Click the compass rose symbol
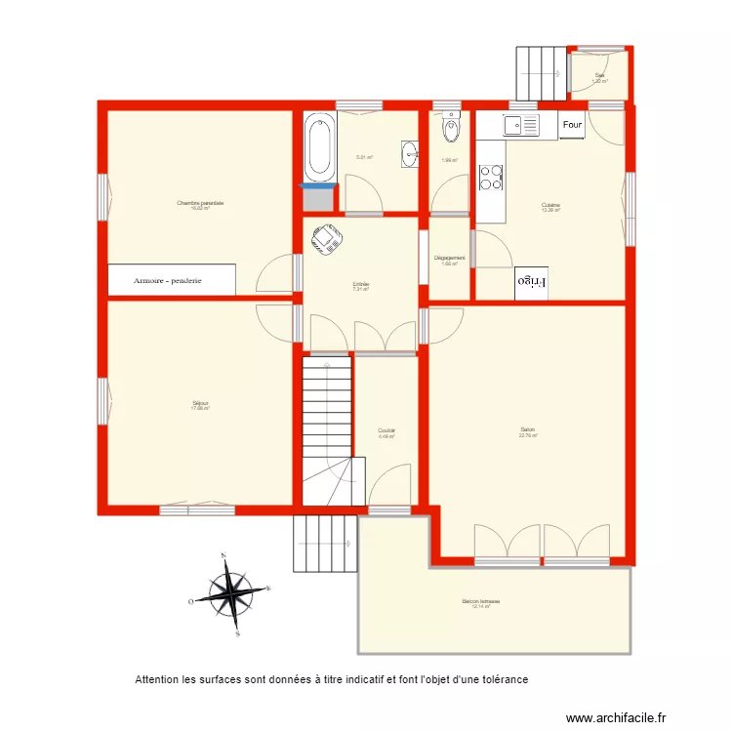pos(231,593)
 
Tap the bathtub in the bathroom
pos(319,148)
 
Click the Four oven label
pos(572,125)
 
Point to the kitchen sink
pos(520,125)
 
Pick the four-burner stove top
pos(492,177)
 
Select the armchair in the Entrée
pos(325,237)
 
